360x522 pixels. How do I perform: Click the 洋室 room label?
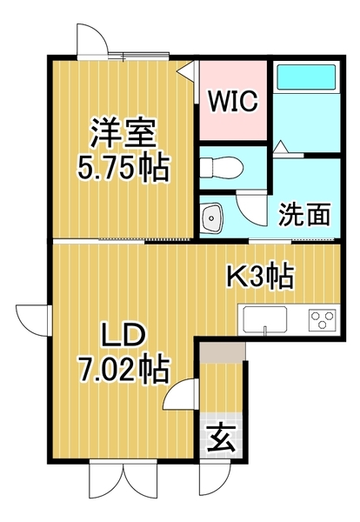[x=124, y=135]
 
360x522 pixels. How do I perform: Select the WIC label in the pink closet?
[x=231, y=101]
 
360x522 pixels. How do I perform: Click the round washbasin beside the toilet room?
[x=211, y=216]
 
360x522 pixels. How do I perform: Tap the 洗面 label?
[x=304, y=214]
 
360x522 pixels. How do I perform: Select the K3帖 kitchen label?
[x=259, y=278]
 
